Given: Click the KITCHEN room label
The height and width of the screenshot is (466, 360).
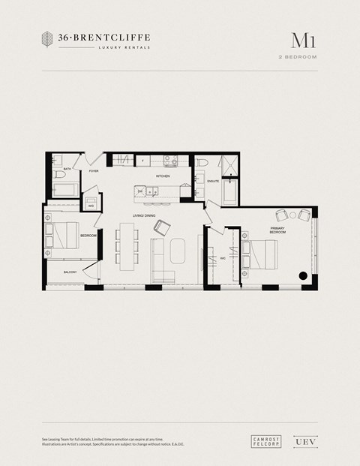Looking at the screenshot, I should (163, 176).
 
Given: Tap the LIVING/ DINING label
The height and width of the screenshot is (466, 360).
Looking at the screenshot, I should (143, 216).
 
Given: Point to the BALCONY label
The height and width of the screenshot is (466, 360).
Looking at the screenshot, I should (70, 271).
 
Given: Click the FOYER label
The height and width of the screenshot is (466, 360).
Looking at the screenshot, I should (94, 171).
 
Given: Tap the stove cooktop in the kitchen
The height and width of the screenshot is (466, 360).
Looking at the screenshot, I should (169, 160).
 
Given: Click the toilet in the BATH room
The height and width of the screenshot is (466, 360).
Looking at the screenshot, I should (57, 174).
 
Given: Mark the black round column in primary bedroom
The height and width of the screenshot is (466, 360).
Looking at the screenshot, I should (303, 275).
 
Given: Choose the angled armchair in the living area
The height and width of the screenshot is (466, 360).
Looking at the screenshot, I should (160, 227).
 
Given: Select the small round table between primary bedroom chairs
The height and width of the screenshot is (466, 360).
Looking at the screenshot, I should (294, 215).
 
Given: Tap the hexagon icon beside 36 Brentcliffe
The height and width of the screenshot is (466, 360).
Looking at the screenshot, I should (49, 39).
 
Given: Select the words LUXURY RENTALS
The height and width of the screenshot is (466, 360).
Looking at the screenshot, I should (124, 47).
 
